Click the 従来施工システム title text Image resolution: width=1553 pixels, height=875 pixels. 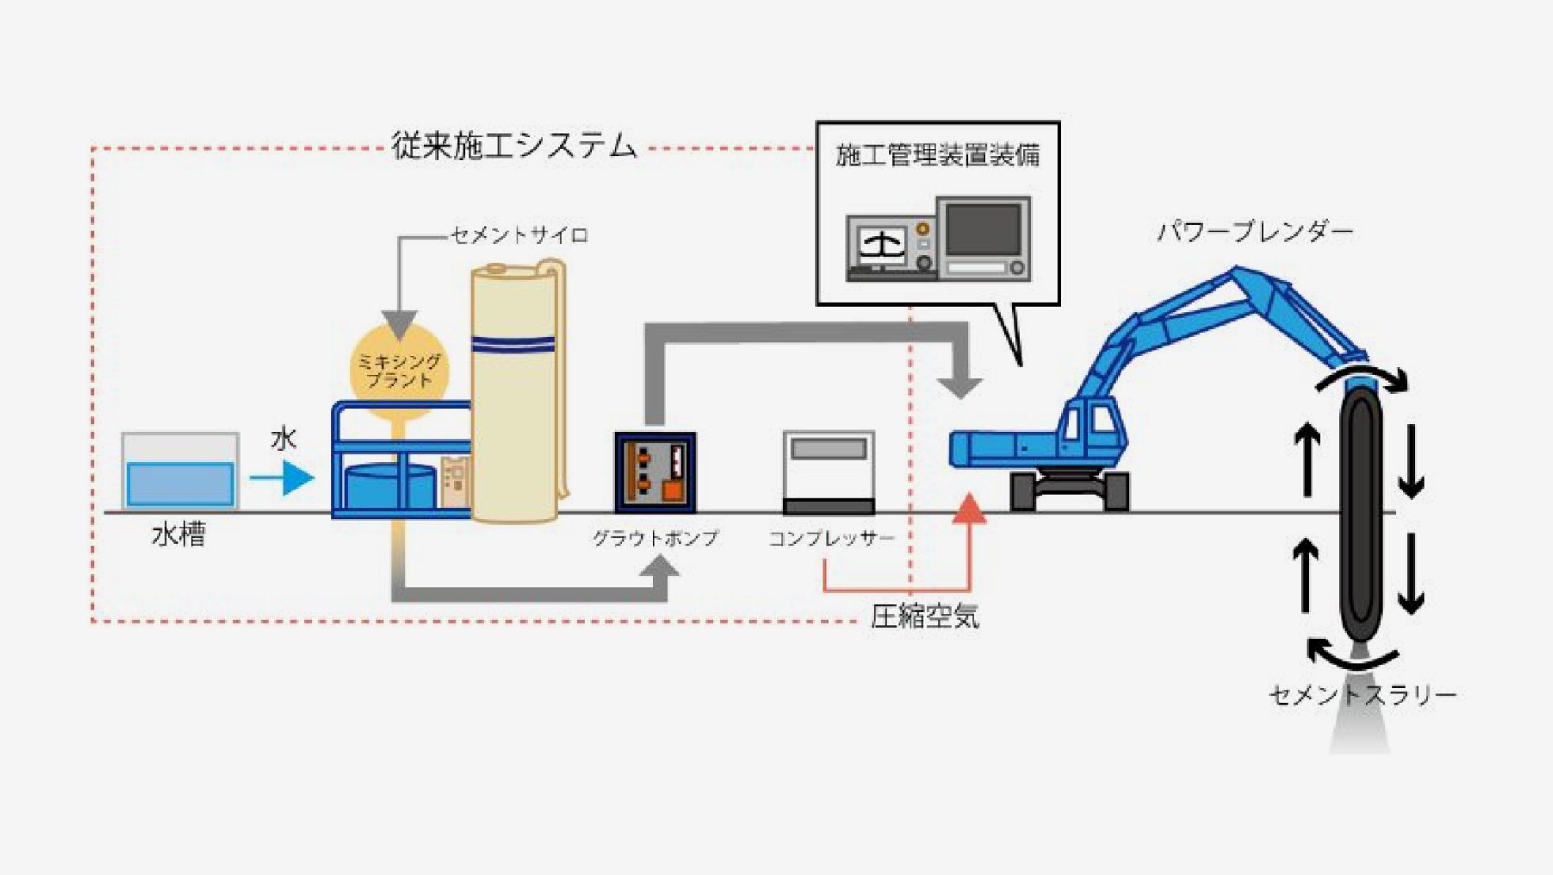pos(514,147)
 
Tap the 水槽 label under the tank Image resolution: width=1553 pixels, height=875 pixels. pos(178,535)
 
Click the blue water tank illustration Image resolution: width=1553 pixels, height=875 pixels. pos(181,471)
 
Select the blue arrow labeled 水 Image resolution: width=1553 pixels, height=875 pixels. pos(282,478)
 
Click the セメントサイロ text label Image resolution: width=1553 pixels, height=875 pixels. pos(519,235)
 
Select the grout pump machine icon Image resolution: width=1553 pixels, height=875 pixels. pos(655,472)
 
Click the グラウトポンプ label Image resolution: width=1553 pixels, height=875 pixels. pos(655,538)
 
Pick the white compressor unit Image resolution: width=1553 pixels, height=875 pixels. pos(829,472)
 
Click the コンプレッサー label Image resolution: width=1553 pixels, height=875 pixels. pos(831,538)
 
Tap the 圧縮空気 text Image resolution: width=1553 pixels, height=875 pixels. pos(925,616)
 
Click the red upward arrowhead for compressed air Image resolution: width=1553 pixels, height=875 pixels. pos(968,508)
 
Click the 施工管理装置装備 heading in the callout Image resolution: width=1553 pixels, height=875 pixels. pos(937,155)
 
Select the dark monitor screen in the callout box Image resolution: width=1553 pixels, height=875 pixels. pos(983,229)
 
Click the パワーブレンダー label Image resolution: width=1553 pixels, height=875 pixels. pos(1255,231)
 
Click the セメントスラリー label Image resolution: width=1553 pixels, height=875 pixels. pos(1363,695)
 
